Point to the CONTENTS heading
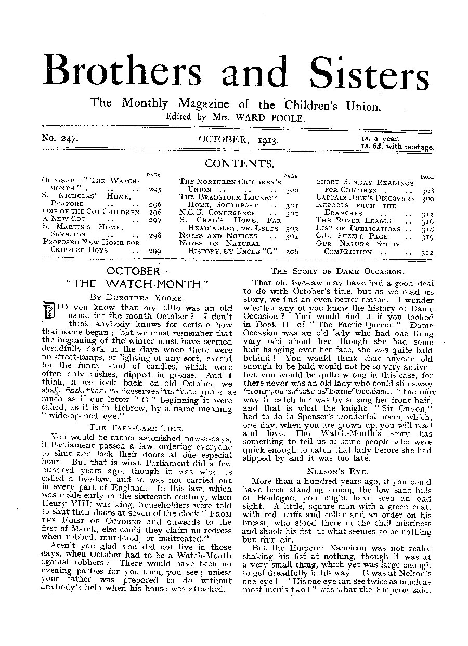point(239,164)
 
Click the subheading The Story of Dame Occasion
point(337,271)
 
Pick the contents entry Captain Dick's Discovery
point(366,198)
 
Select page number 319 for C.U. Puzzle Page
point(428,236)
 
